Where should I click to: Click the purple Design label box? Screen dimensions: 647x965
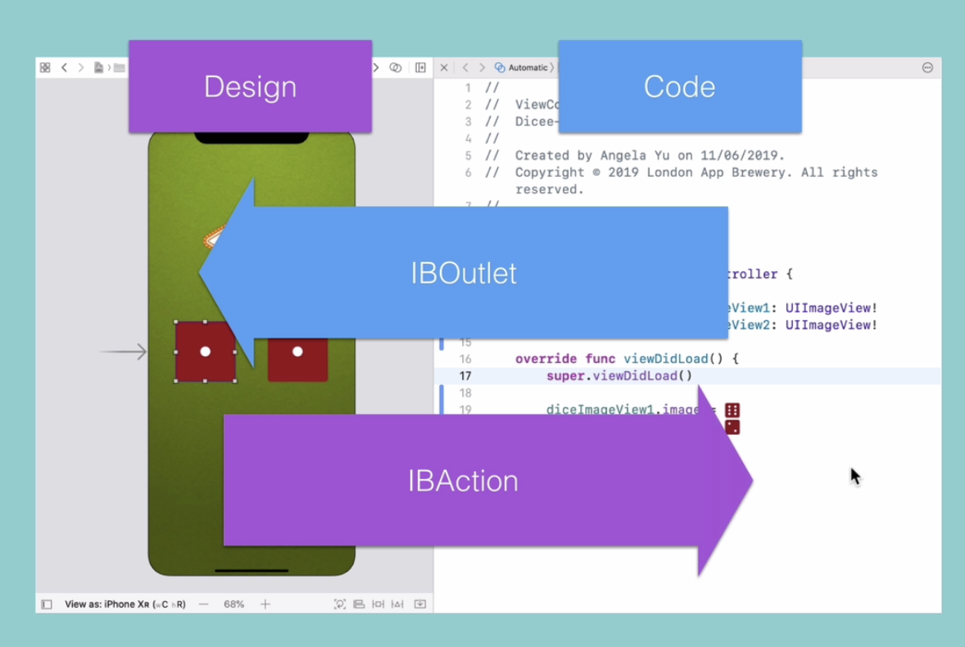click(x=250, y=87)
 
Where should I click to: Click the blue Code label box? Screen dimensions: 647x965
click(x=679, y=87)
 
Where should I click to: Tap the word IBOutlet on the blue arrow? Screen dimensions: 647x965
click(x=464, y=273)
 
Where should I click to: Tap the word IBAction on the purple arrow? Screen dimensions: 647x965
click(x=463, y=481)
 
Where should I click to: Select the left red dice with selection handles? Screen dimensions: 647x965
click(x=206, y=351)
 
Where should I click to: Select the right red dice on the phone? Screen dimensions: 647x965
click(x=297, y=352)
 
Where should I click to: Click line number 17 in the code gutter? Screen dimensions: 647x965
click(x=465, y=376)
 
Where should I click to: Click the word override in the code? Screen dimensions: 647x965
click(x=546, y=359)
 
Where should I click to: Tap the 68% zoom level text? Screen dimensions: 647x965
click(x=234, y=604)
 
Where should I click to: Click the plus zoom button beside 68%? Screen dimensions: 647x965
click(x=265, y=604)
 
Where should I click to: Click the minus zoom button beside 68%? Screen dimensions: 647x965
click(x=204, y=604)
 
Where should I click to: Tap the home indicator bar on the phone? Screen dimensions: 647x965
click(x=251, y=570)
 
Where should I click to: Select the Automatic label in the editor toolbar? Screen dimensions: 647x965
click(x=528, y=68)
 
